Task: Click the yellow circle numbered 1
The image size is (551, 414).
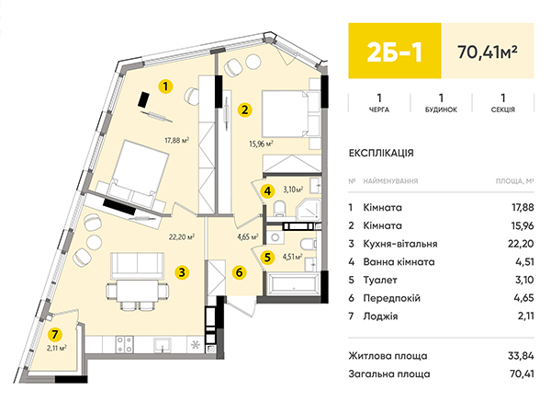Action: [x=165, y=86]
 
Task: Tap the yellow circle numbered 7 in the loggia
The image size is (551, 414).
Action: [x=54, y=334]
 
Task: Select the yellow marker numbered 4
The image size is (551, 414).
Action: [x=268, y=191]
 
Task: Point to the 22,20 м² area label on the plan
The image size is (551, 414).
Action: [x=182, y=237]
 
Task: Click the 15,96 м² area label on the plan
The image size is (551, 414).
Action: [x=261, y=144]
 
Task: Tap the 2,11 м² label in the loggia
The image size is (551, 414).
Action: [x=57, y=348]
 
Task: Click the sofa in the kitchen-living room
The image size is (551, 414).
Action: [x=138, y=265]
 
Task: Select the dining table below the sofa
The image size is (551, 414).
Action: [x=138, y=291]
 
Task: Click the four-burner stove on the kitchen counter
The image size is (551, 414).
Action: [x=125, y=345]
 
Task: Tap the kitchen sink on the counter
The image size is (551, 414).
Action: [x=163, y=345]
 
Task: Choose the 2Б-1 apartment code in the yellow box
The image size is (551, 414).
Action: [x=394, y=52]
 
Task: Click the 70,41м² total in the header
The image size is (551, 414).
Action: [x=488, y=52]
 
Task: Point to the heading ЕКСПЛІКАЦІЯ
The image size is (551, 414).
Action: [x=381, y=153]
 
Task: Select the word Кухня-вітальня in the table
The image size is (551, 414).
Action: [x=400, y=244]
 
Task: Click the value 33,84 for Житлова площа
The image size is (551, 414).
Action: [x=521, y=356]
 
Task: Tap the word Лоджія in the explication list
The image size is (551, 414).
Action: [x=380, y=316]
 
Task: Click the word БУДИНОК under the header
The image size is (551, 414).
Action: [x=441, y=109]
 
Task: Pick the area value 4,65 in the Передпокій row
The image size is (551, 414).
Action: [x=523, y=298]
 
